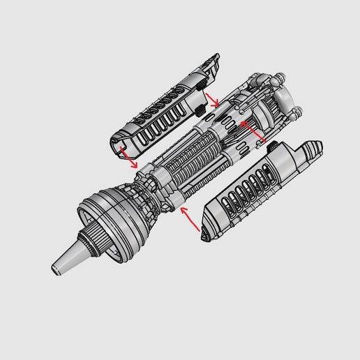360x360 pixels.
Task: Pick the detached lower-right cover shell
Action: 258,188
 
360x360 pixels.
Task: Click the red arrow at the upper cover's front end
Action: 127,158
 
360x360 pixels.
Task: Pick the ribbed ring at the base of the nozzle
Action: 90,241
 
